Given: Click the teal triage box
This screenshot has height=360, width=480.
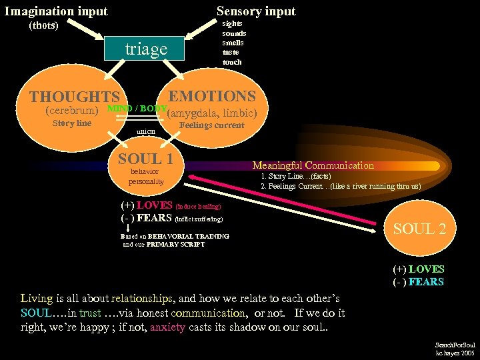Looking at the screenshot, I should (x=145, y=49).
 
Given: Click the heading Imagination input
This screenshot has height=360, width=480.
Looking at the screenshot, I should (x=56, y=11).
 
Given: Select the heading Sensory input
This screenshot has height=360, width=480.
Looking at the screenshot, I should (x=256, y=11).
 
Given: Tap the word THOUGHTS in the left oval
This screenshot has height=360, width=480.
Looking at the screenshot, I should (x=74, y=98).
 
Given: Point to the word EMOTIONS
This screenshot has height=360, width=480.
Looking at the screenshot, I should (x=212, y=97).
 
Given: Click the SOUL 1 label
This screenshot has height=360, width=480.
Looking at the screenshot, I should (x=145, y=159).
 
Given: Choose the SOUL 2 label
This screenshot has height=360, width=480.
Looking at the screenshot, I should (x=419, y=229).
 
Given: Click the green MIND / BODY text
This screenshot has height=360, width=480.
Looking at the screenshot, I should (x=137, y=108).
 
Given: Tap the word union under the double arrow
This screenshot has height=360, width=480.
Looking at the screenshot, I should (x=146, y=131).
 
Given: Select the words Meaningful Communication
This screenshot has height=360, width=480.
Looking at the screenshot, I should (x=313, y=165).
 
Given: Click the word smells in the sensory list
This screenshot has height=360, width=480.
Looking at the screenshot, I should (x=234, y=42).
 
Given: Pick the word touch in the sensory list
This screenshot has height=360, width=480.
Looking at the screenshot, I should (x=232, y=62).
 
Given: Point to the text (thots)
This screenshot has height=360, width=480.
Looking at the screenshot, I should (x=44, y=26).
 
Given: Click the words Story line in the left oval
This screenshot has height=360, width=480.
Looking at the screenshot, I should (x=71, y=123).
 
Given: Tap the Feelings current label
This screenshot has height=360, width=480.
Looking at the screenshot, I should (x=212, y=125).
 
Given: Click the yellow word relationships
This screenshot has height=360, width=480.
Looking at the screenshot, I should (x=141, y=298).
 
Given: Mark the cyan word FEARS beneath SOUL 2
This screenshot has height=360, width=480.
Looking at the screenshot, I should (x=427, y=282).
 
